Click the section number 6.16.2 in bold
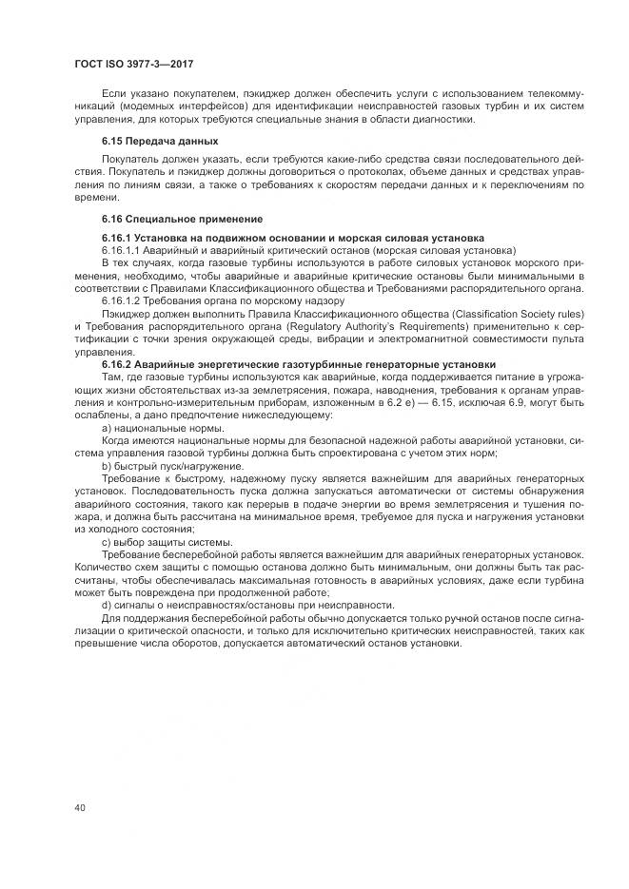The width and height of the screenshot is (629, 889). click(x=117, y=364)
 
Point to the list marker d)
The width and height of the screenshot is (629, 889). click(x=106, y=605)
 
